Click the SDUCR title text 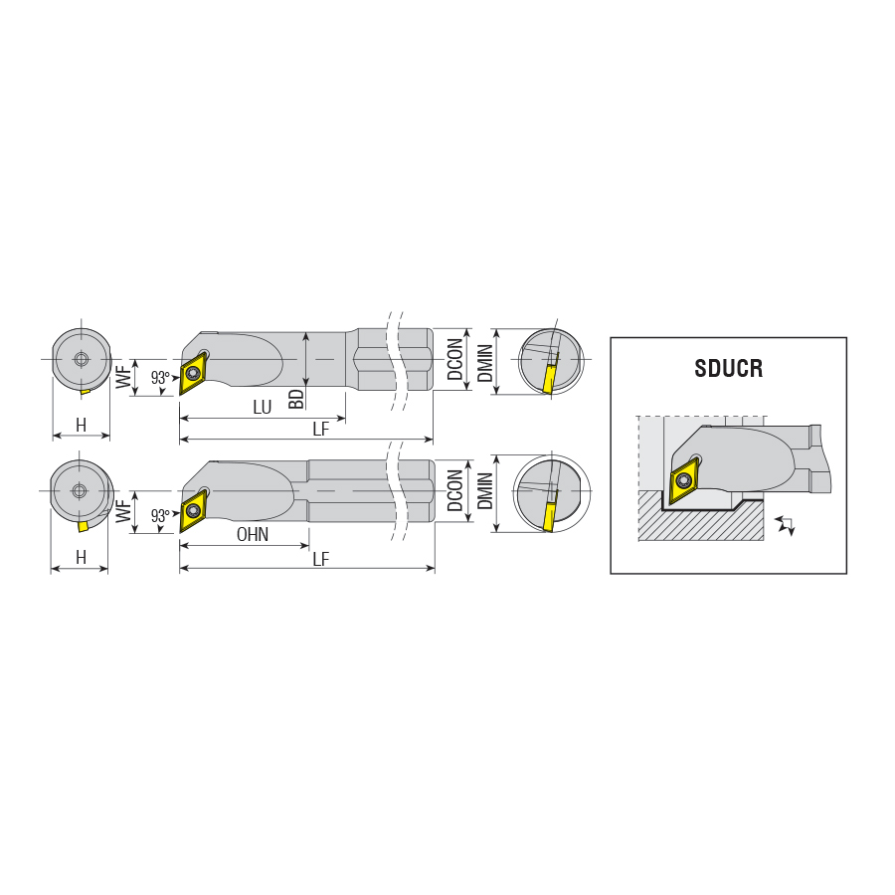(728, 368)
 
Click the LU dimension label (262, 407)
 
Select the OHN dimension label (253, 535)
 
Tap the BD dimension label (296, 399)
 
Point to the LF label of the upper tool (321, 430)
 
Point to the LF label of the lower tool (321, 559)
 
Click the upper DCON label (454, 359)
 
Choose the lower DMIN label (484, 491)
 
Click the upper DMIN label (484, 363)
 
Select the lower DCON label (454, 490)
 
